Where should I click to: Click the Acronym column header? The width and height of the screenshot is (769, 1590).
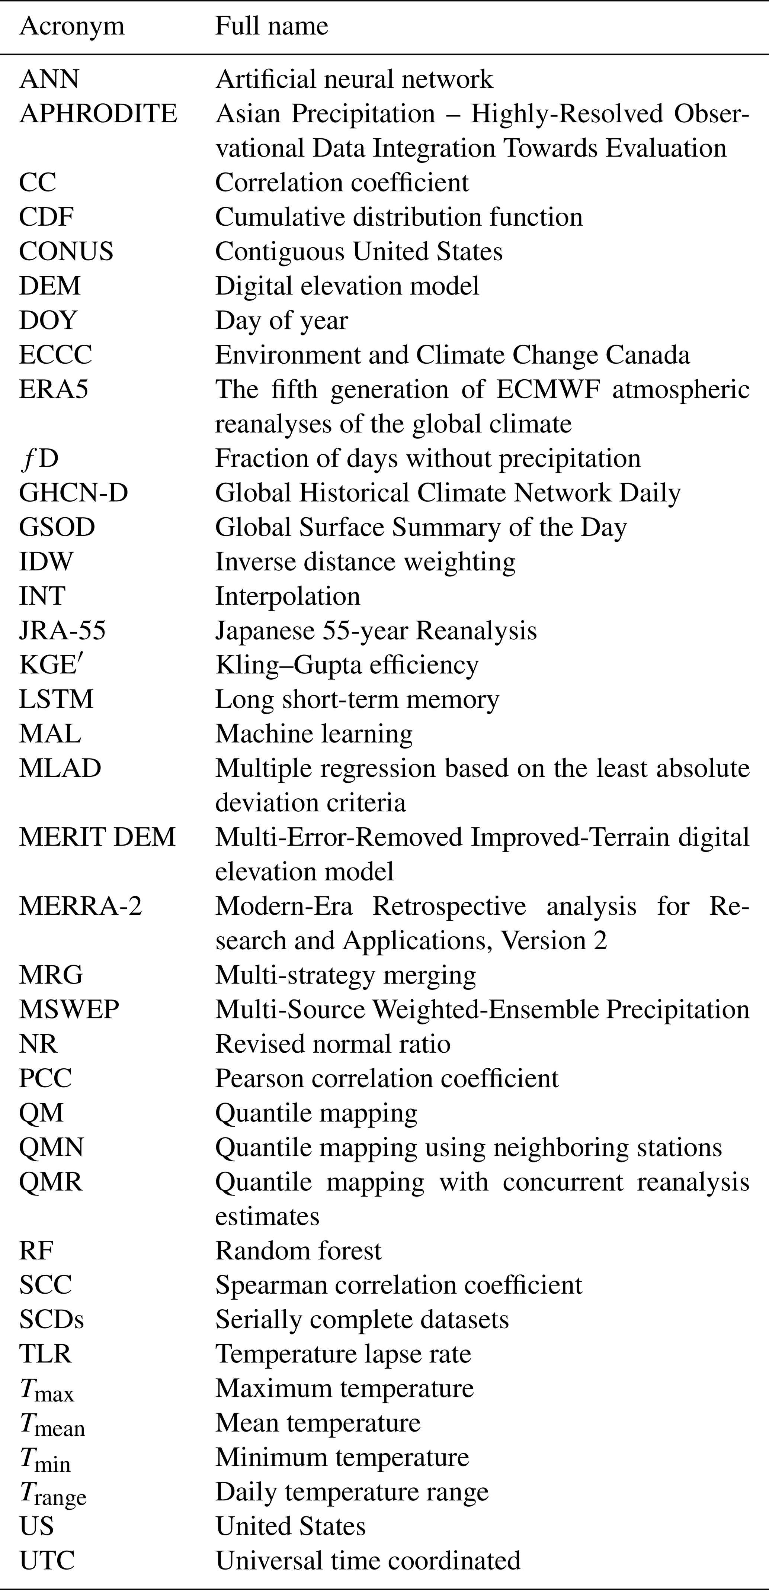pos(72,26)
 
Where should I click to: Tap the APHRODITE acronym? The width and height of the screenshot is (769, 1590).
pos(98,113)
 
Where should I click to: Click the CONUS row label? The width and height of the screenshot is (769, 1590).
pos(66,251)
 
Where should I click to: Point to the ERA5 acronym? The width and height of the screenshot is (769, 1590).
pos(54,389)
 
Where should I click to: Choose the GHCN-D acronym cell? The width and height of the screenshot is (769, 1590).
pos(74,493)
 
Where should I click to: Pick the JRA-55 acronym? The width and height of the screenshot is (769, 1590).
pos(63,630)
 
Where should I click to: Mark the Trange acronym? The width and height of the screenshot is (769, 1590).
pos(52,1493)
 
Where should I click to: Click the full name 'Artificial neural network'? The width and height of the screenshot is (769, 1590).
pos(354,79)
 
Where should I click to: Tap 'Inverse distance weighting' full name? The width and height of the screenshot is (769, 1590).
pos(365,562)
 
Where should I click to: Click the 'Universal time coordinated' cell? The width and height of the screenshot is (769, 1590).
pos(368,1560)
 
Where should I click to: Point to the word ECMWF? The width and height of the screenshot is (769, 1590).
pos(546,389)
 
